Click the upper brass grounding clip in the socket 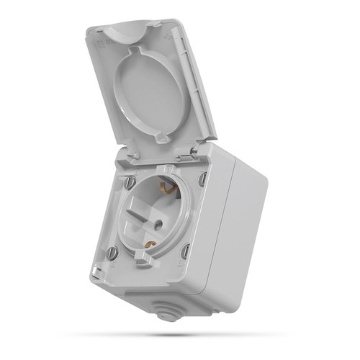pos(170,189)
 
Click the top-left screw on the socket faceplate pos(130,183)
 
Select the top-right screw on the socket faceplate pos(203,177)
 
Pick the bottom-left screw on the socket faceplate pos(112,253)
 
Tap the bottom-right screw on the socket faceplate pos(186,250)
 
